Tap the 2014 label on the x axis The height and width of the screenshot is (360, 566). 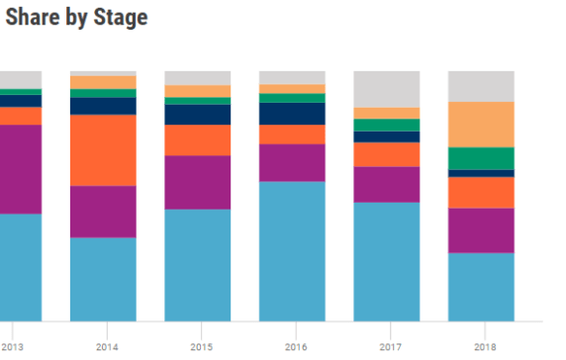pos(107,347)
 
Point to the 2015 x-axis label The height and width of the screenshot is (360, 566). pos(201,347)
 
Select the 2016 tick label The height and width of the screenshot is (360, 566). pos(295,347)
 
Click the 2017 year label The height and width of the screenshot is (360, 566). pos(389,347)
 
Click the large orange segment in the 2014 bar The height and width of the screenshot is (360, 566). pos(103,150)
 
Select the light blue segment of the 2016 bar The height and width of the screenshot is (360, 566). pos(292,251)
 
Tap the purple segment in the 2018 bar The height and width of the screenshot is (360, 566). pos(481,230)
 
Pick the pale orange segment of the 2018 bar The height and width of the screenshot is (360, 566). pos(481,125)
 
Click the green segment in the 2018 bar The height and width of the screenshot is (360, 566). pos(481,158)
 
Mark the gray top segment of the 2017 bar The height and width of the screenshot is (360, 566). pos(386,89)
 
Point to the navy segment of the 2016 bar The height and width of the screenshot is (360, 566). pos(292,114)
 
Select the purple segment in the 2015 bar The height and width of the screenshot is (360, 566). pos(198,182)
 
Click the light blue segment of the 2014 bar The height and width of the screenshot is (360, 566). pos(103,279)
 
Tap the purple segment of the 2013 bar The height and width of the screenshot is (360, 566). pos(20,169)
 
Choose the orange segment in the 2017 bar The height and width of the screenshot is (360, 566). pos(386,154)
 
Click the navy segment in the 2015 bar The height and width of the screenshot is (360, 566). pos(198,115)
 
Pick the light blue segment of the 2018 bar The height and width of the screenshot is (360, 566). pos(481,287)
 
